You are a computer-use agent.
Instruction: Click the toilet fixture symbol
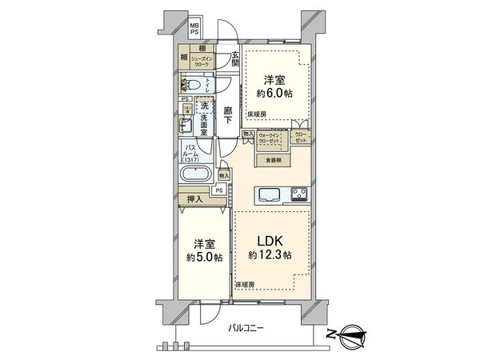click(193, 84)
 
